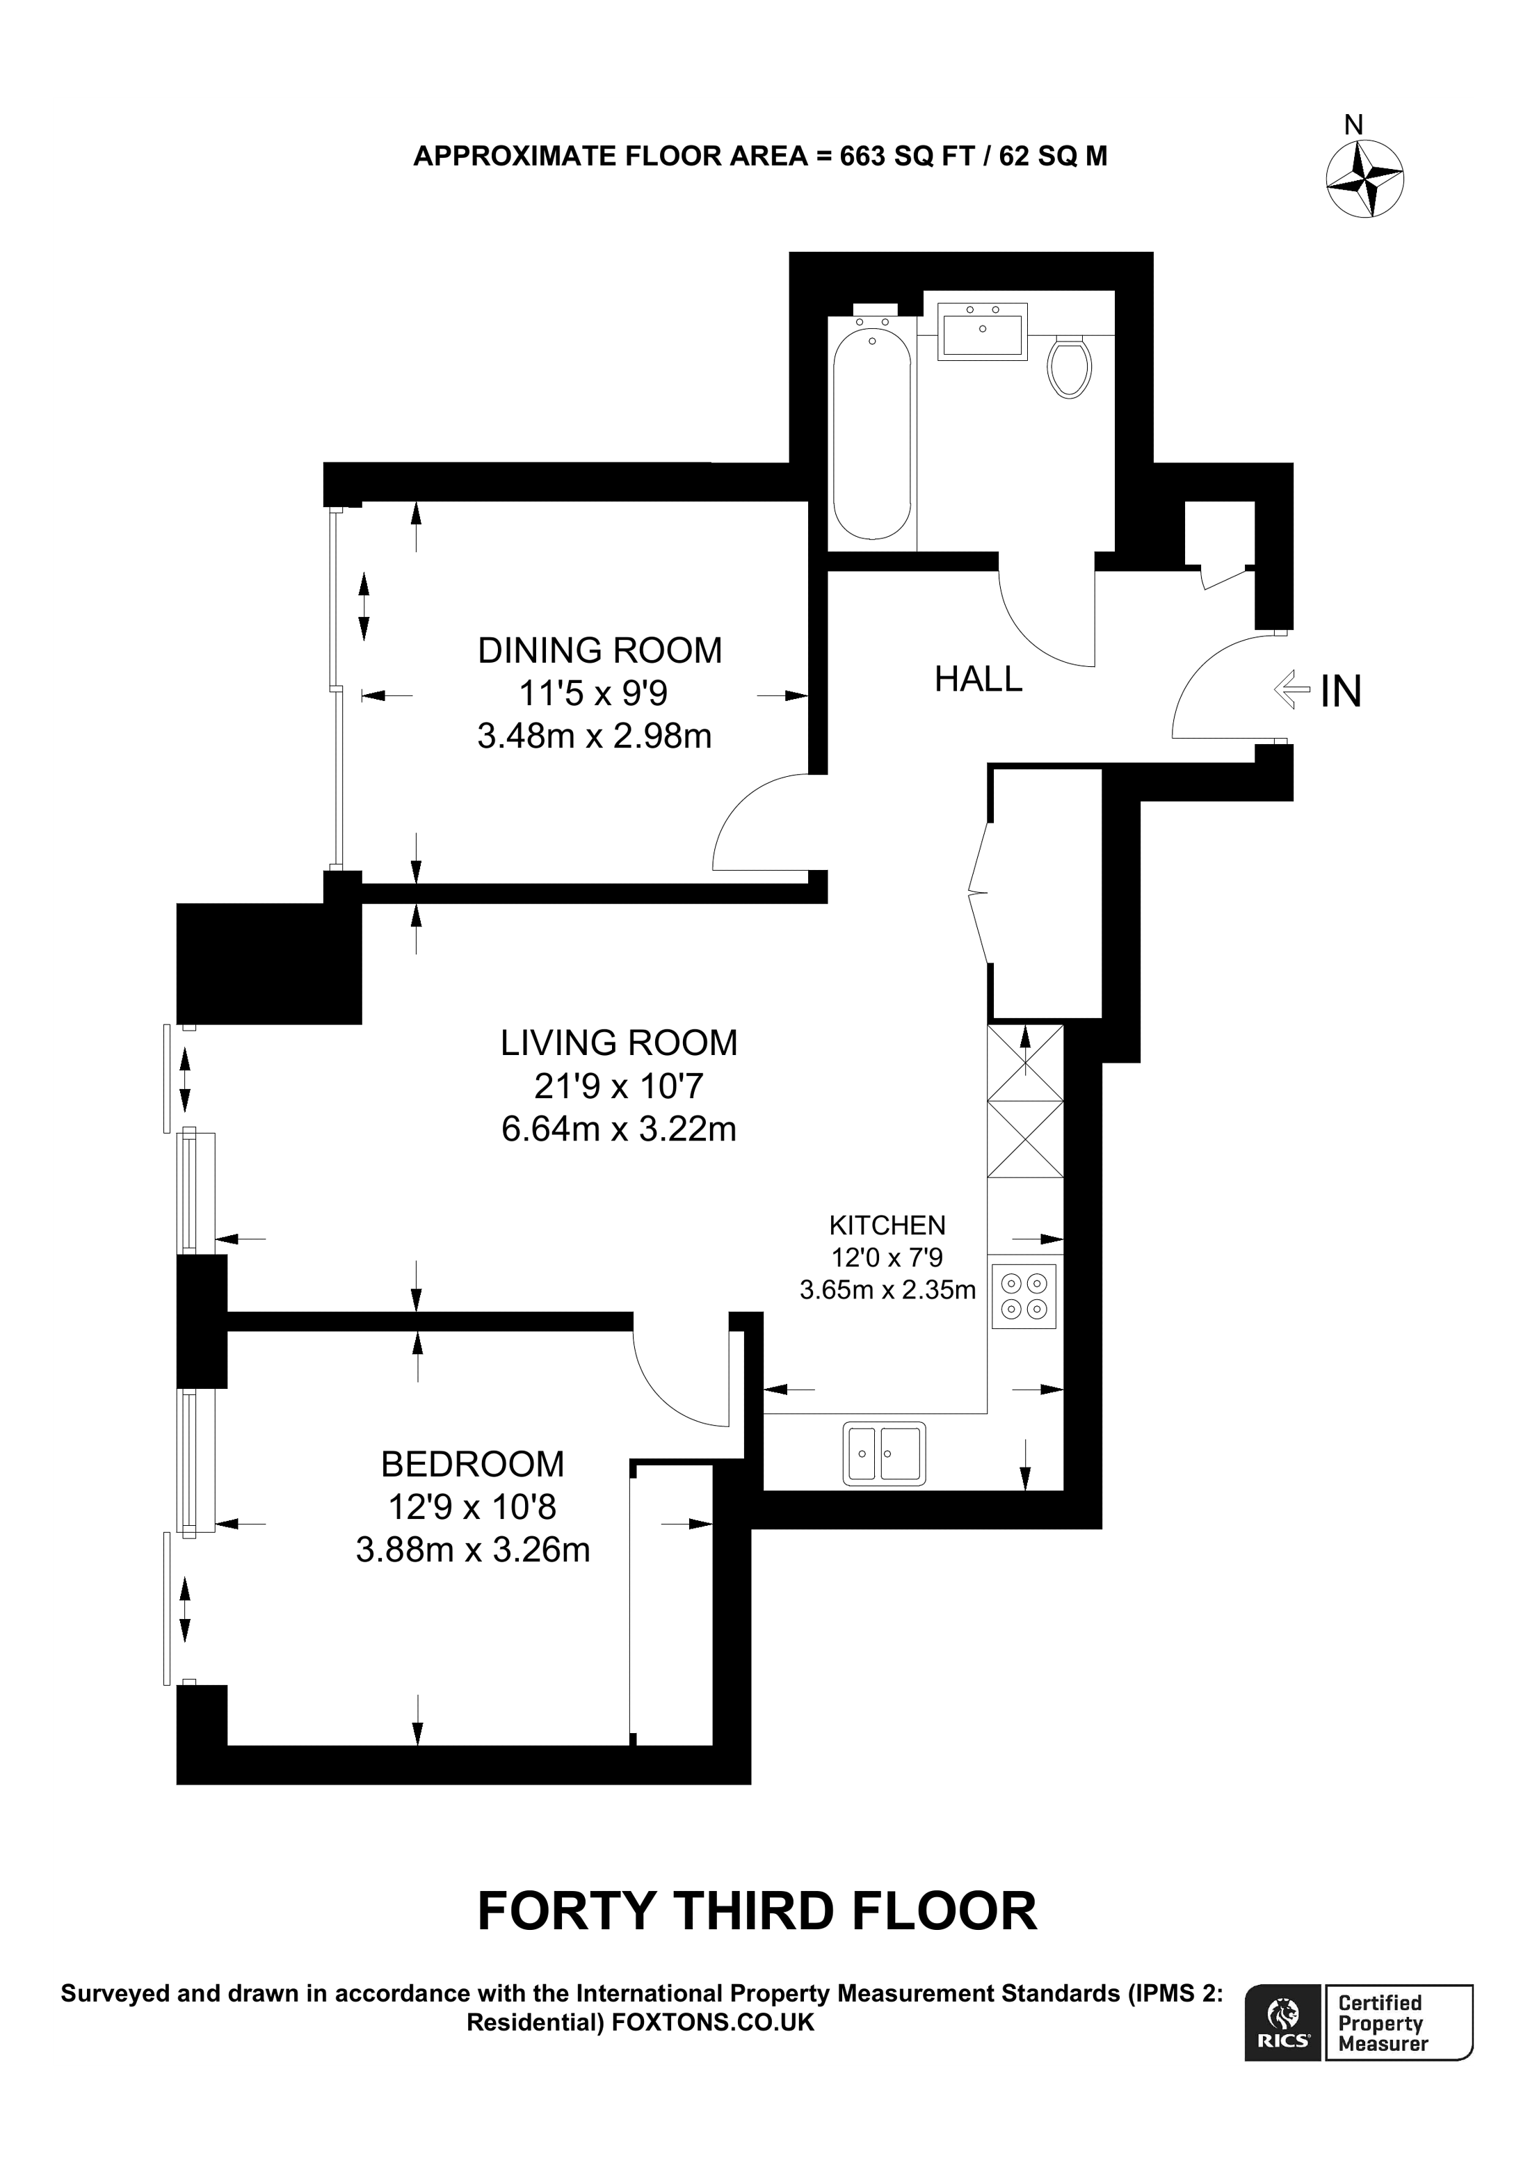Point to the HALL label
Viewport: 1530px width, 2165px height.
(x=978, y=679)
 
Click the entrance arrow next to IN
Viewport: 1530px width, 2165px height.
(x=1291, y=689)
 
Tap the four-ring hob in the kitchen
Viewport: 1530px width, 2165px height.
(x=1024, y=1296)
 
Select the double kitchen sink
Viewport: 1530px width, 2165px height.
(x=883, y=1453)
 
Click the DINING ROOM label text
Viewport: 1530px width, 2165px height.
(x=599, y=651)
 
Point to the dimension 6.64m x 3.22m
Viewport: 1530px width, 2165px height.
(x=618, y=1129)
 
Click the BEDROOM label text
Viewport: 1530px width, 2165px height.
(x=472, y=1465)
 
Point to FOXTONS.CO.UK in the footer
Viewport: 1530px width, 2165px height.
(x=713, y=2022)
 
